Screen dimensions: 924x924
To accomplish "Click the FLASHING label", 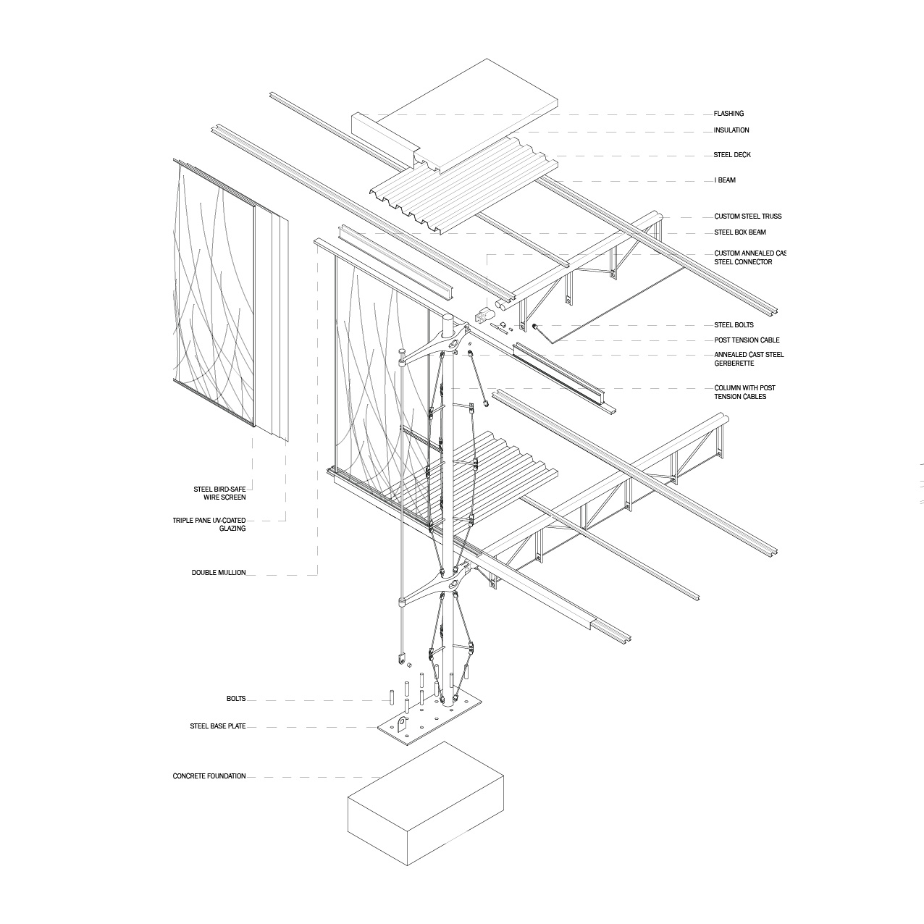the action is click(728, 114).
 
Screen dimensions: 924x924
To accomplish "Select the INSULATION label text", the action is click(731, 130).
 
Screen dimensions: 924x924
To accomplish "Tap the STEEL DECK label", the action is click(731, 155).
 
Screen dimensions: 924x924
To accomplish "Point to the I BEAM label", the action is click(725, 180).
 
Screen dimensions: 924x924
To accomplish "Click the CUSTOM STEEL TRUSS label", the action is click(747, 217).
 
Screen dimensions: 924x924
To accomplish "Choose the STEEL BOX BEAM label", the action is click(740, 232).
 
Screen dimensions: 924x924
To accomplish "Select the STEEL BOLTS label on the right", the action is click(734, 325).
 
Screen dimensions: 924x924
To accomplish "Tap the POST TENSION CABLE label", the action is click(747, 340).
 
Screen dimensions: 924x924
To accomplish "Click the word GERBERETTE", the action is click(735, 364).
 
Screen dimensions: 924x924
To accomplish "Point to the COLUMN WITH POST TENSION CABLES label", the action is click(744, 392).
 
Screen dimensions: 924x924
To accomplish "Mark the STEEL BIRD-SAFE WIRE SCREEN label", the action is click(219, 493).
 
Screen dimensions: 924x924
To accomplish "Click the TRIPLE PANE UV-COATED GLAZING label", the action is click(209, 524).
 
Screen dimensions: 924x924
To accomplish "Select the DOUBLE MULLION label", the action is click(219, 573).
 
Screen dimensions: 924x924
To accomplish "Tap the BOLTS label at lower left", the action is click(236, 699).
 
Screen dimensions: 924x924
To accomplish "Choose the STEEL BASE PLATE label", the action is click(218, 726).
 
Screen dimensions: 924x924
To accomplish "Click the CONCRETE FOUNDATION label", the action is click(209, 776).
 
